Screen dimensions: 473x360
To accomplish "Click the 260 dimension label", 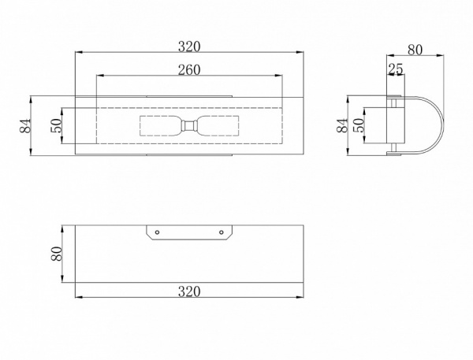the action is pyautogui.click(x=189, y=69).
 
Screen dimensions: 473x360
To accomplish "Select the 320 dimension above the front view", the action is pyautogui.click(x=189, y=46).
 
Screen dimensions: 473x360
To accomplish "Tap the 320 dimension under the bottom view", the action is pyautogui.click(x=189, y=291).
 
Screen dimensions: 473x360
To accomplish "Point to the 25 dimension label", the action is pyautogui.click(x=396, y=69).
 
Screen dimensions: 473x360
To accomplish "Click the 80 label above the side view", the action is pyautogui.click(x=415, y=50).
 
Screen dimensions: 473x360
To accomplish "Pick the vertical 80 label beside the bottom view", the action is pyautogui.click(x=57, y=254).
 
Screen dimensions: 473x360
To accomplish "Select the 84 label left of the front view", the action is pyautogui.click(x=25, y=126).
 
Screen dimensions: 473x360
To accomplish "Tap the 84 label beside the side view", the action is pyautogui.click(x=342, y=125).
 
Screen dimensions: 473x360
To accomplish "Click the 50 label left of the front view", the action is pyautogui.click(x=56, y=126).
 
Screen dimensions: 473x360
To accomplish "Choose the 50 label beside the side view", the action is pyautogui.click(x=359, y=125).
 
